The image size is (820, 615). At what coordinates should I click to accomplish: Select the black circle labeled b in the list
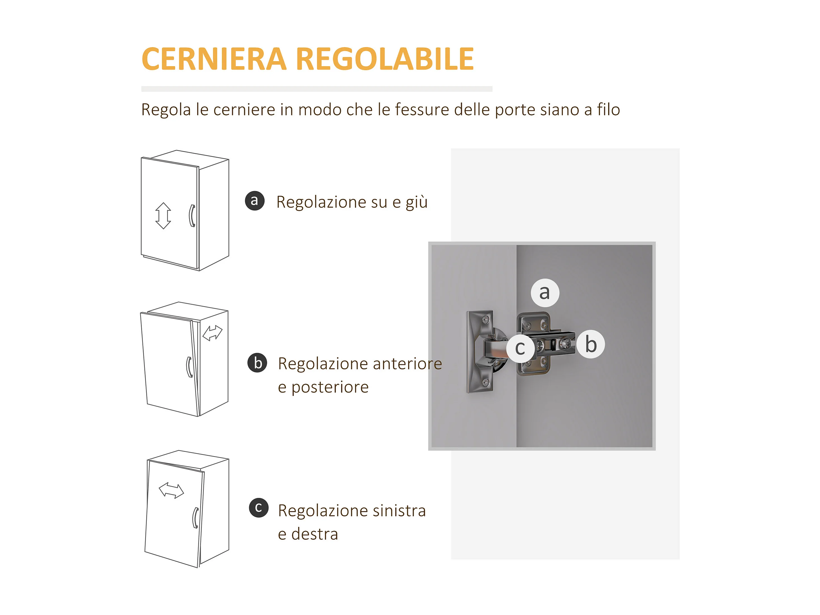click(x=257, y=363)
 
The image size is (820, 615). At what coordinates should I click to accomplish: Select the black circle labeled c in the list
click(x=259, y=508)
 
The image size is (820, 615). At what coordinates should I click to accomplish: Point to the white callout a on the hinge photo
click(x=545, y=293)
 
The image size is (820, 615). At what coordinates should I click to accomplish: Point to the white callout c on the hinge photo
click(x=521, y=348)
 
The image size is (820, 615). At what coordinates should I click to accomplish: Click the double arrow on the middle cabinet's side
click(x=212, y=333)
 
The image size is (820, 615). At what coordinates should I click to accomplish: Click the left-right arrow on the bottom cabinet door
click(x=171, y=490)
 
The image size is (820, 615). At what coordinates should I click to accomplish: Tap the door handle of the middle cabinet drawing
click(x=189, y=367)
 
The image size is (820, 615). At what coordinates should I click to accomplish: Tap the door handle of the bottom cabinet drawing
click(x=195, y=518)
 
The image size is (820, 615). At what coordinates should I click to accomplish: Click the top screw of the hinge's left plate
click(x=485, y=319)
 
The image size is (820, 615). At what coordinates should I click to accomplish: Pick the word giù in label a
click(x=417, y=202)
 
